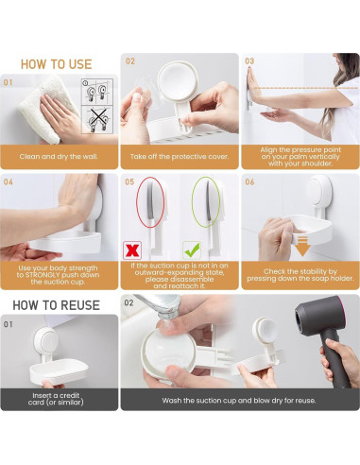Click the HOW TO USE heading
(57, 64)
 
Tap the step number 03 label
(249, 61)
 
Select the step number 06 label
(250, 181)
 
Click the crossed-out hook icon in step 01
(96, 120)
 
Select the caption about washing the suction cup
(238, 401)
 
